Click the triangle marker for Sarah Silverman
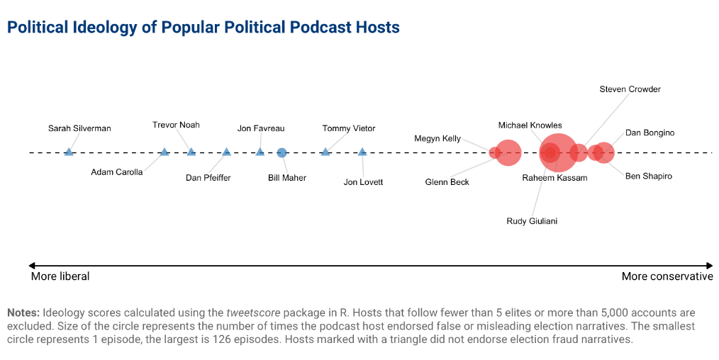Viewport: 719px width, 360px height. (x=69, y=152)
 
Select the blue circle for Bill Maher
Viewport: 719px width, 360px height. (x=282, y=152)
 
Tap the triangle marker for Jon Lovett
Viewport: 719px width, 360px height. (x=362, y=152)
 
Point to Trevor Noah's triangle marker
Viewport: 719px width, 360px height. (x=191, y=152)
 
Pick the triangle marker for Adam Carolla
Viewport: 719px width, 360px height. (x=165, y=152)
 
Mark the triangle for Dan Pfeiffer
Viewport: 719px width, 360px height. (x=226, y=152)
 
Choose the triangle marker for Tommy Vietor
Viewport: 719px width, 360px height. (x=325, y=152)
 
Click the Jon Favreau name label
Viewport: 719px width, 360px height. (x=261, y=128)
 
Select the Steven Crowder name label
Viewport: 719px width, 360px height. (x=630, y=89)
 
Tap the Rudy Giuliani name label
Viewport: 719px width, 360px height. (x=532, y=221)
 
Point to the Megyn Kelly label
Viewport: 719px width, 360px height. (x=437, y=139)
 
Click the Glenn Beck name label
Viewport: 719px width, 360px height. (x=447, y=182)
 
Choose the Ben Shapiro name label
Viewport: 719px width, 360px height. (x=648, y=176)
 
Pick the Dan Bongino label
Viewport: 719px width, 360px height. (x=650, y=133)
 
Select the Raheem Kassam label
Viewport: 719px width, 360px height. (x=554, y=178)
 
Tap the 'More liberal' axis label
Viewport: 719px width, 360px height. (x=60, y=276)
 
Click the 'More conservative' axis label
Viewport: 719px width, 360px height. (x=667, y=276)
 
